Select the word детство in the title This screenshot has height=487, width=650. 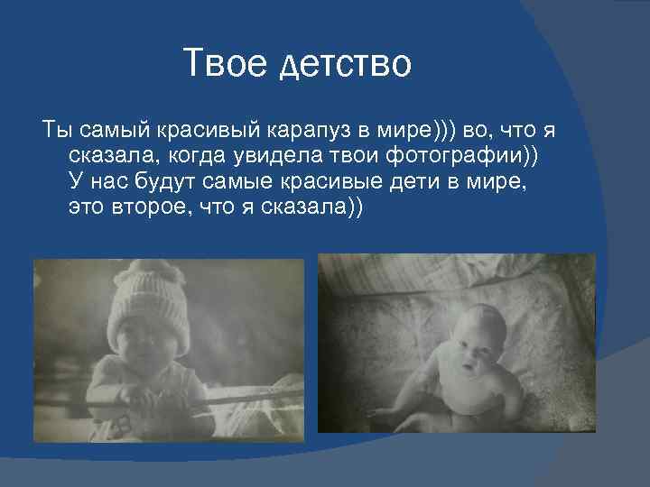(348, 65)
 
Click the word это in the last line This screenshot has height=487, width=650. (87, 207)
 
